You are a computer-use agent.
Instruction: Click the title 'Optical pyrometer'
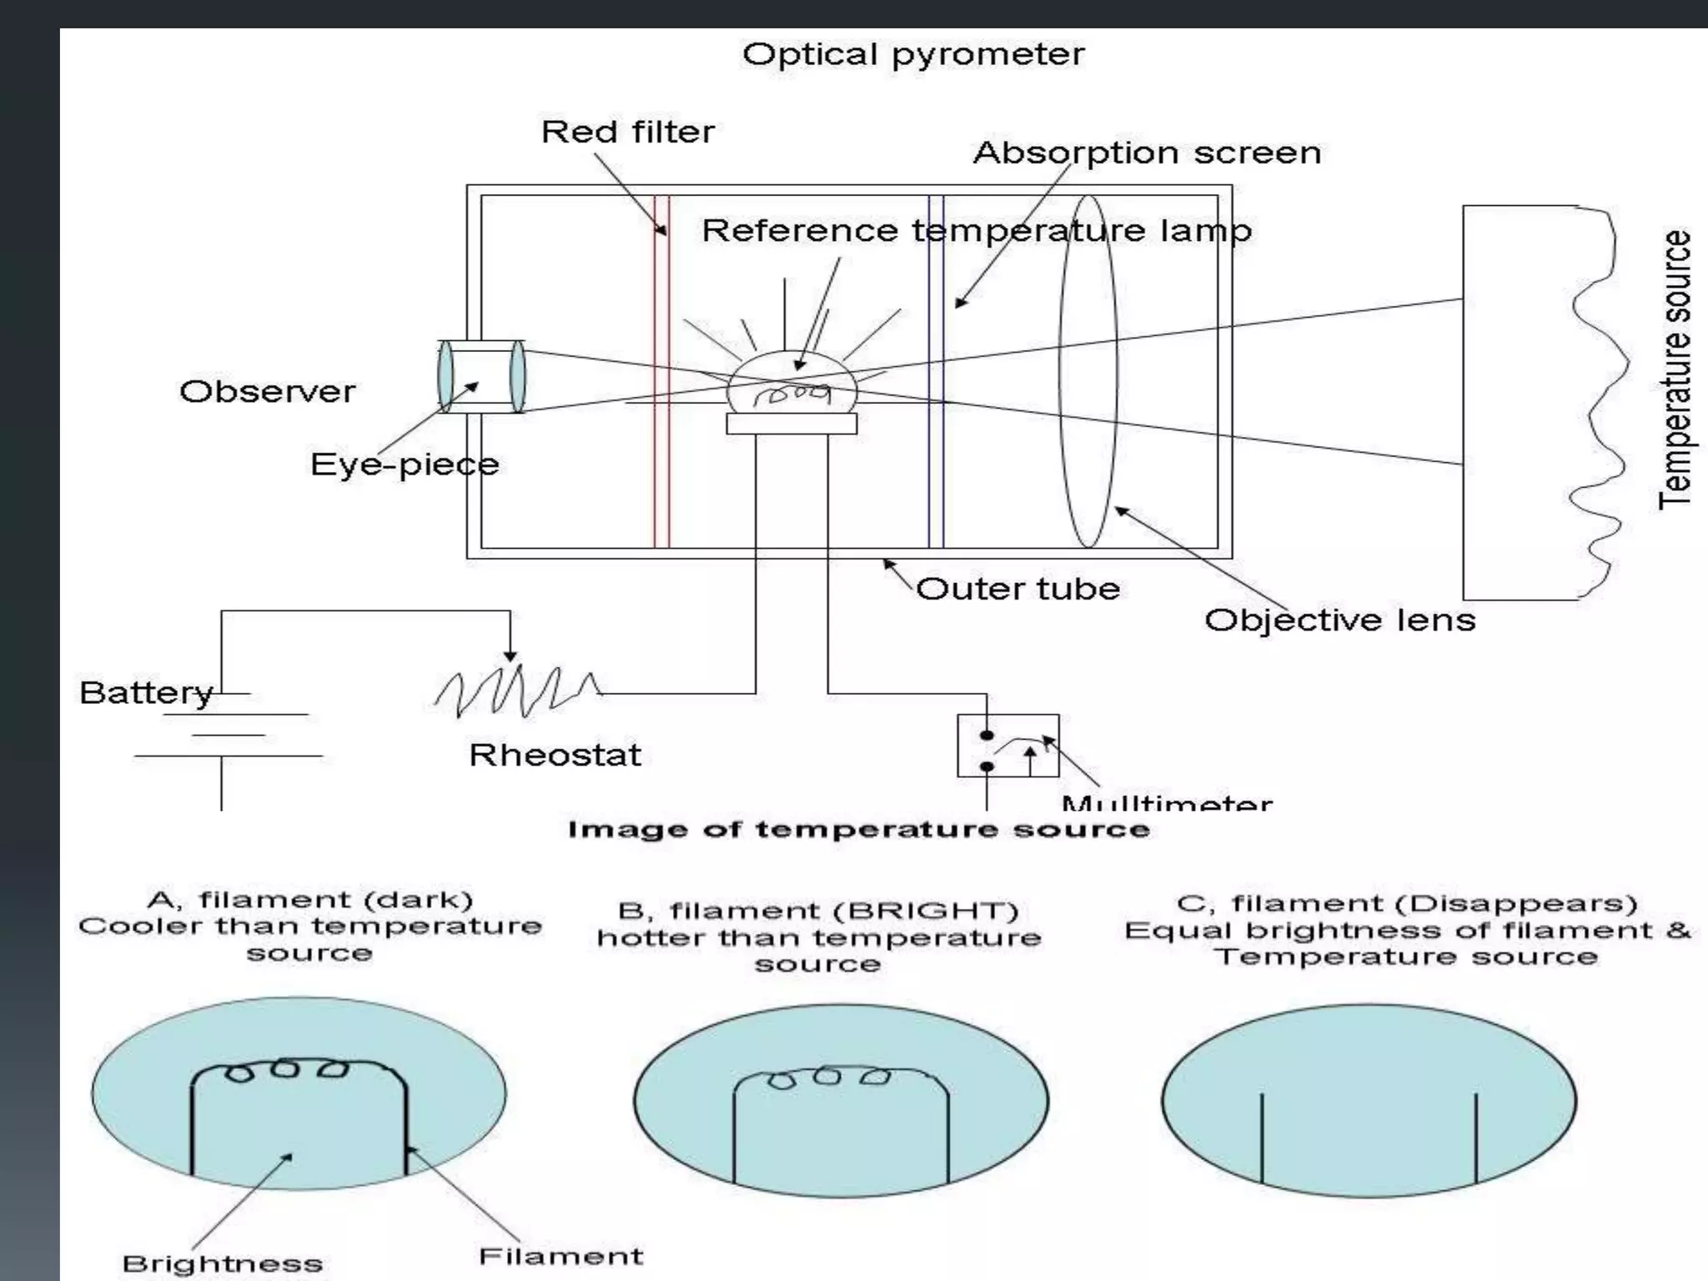coord(913,55)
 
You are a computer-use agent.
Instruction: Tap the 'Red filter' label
coord(628,132)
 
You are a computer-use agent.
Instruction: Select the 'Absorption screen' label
coord(1147,153)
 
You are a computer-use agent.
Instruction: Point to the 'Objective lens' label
coord(1339,620)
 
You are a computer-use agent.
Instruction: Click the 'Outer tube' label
coord(1017,589)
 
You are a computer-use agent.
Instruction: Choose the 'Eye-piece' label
coord(404,465)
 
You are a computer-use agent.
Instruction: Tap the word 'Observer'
coord(267,392)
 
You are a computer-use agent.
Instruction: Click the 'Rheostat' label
coord(555,755)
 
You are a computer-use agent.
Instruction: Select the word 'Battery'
coord(146,693)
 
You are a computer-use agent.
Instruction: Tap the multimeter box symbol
coord(1007,745)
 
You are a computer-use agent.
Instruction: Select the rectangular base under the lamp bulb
coord(791,424)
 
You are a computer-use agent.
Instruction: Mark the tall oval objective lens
coord(1088,371)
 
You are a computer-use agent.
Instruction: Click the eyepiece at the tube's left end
coord(481,376)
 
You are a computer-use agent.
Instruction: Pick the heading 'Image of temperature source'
coord(858,830)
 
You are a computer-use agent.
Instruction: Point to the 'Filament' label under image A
coord(560,1256)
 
